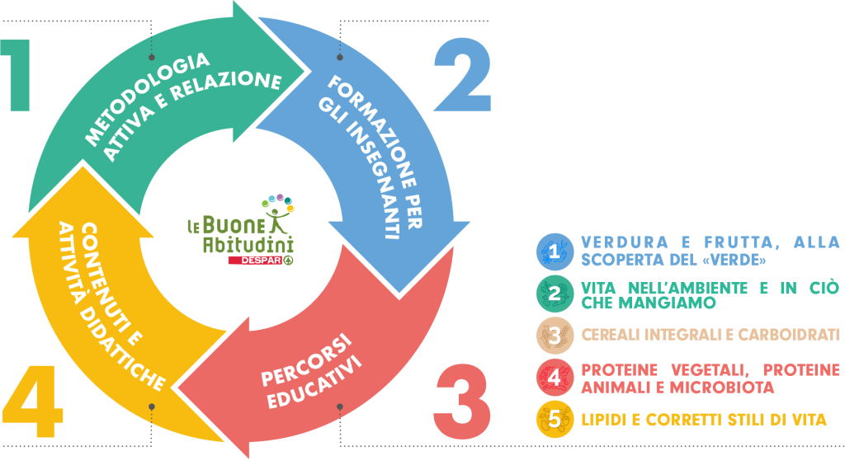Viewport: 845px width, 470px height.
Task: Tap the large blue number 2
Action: pyautogui.click(x=462, y=76)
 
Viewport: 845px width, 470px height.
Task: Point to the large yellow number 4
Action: pyautogui.click(x=33, y=402)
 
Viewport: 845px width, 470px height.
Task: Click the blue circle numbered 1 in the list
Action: pyautogui.click(x=555, y=251)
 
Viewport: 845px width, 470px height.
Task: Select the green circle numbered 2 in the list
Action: pyautogui.click(x=555, y=294)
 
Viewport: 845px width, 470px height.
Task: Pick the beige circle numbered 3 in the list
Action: pyautogui.click(x=555, y=336)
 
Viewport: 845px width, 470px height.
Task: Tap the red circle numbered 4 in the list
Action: pyautogui.click(x=555, y=378)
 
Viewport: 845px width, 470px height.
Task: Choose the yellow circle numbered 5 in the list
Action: pyautogui.click(x=555, y=420)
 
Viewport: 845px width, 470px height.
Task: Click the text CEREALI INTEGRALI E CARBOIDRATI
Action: pyautogui.click(x=710, y=335)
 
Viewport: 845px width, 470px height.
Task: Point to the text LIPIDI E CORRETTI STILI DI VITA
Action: pyautogui.click(x=704, y=420)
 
